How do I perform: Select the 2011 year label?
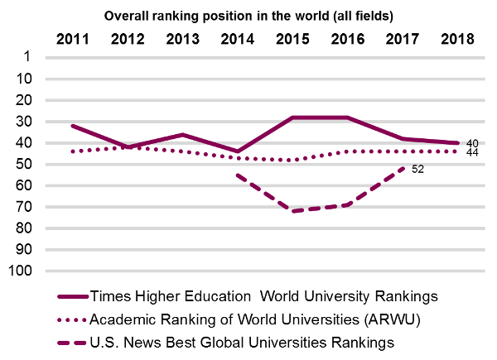point(75,39)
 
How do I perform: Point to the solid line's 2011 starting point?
point(74,126)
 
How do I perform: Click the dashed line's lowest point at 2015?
point(292,211)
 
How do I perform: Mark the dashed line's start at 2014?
point(237,175)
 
